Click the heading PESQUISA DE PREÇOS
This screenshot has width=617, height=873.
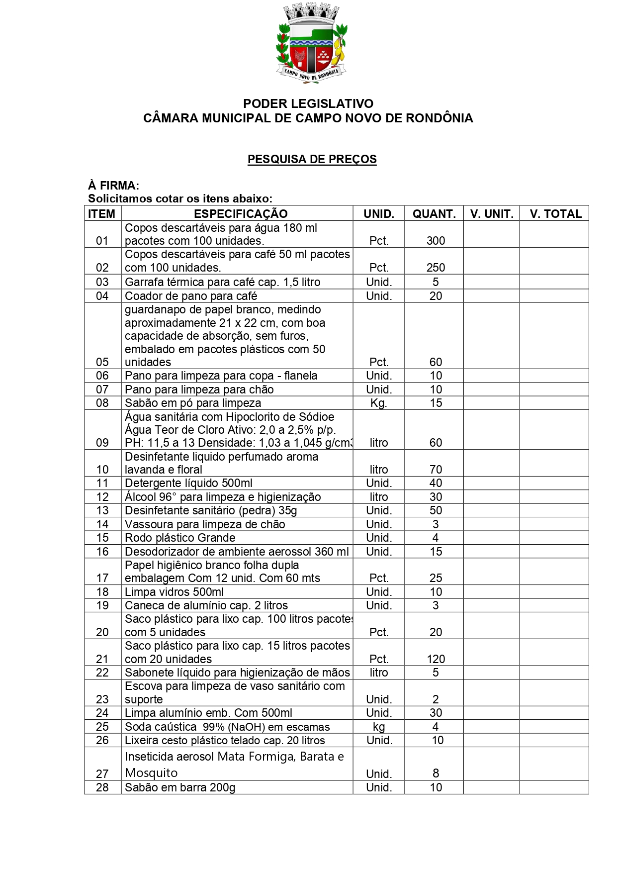pos(312,159)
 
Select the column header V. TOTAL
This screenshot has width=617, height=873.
pos(555,214)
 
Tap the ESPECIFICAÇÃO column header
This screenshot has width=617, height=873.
pos(241,214)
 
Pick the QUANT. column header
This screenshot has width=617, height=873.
pos(434,214)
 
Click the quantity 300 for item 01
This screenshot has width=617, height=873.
pos(436,241)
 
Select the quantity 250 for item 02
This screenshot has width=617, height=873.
pos(436,268)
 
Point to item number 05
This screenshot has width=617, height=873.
pos(102,362)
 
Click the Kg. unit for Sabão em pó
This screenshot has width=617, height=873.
pos(378,403)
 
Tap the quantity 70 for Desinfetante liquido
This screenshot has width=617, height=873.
pos(436,470)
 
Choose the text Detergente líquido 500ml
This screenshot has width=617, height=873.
pos(188,483)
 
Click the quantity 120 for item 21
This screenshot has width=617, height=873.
pos(436,659)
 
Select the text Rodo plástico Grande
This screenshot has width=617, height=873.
pos(180,538)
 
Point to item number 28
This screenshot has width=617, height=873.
pos(102,787)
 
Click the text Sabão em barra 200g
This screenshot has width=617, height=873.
pos(180,787)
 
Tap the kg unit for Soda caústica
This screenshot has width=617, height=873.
pos(379,727)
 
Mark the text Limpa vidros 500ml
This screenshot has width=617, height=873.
pos(174,592)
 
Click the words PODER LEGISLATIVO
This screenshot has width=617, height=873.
pos(308,103)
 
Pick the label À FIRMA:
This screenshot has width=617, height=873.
pos(113,186)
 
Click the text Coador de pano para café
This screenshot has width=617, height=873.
pos(191,296)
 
